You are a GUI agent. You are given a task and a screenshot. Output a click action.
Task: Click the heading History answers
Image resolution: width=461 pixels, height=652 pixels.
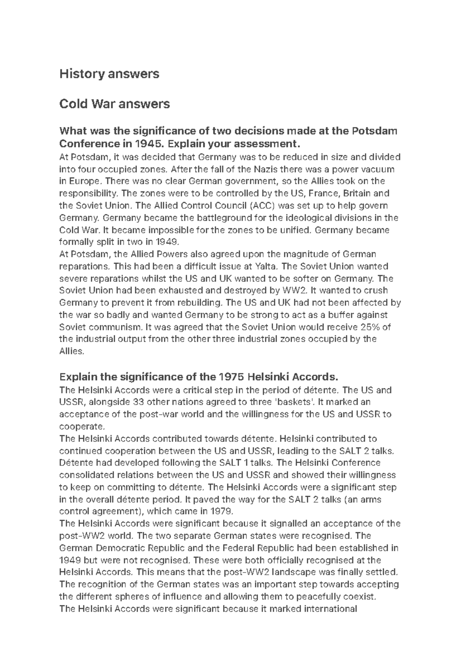109,74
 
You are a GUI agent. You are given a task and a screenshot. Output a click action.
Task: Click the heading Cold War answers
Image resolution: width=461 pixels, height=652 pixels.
114,104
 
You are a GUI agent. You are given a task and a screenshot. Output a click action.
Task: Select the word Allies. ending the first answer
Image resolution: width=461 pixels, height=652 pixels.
71,351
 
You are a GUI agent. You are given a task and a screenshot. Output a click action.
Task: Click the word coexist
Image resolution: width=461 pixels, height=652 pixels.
363,597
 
